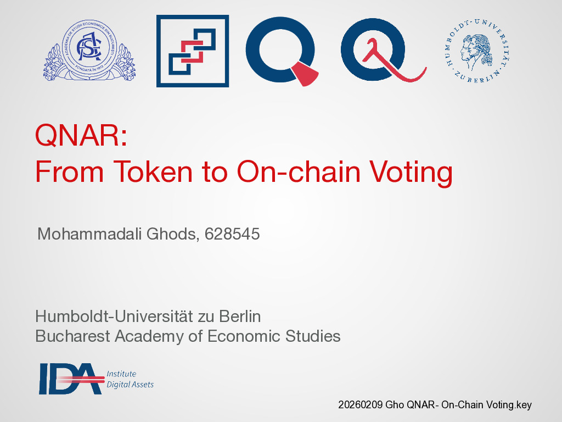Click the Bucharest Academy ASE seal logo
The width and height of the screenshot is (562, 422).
89,50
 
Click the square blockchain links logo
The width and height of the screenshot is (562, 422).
193,51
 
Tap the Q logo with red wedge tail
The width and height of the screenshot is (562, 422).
282,51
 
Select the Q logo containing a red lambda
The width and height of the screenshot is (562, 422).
383,50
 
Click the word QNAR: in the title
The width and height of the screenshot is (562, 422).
81,135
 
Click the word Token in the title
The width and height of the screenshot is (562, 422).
153,171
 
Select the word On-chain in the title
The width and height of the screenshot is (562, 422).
299,171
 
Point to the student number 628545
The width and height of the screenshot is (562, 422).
232,234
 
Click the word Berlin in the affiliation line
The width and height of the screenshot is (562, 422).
240,316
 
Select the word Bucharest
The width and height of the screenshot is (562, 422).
73,336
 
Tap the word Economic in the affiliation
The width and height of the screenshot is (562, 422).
244,336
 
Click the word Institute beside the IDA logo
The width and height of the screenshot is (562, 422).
121,374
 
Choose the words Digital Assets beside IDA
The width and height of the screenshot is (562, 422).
130,385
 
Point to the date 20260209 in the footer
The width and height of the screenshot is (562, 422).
360,405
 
